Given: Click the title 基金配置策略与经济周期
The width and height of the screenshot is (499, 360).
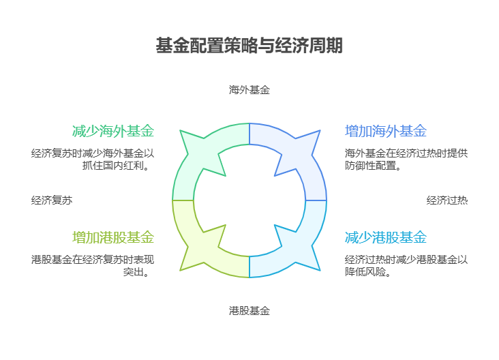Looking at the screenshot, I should (x=249, y=46).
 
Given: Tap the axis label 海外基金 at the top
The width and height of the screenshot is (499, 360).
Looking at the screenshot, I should (x=249, y=89).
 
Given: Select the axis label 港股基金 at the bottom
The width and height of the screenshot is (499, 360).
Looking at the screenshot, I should (x=249, y=311).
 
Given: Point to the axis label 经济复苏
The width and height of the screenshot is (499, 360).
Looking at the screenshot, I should (x=52, y=200).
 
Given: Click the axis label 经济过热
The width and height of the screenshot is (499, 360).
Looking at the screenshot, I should (x=447, y=200).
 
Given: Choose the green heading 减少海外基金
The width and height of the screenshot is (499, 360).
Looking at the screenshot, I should (x=113, y=131).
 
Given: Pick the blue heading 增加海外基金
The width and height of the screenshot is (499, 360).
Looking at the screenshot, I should (x=386, y=131).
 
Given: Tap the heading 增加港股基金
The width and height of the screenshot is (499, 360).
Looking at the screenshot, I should (x=113, y=237).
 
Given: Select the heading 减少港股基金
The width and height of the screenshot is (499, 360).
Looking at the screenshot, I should (x=386, y=237).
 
